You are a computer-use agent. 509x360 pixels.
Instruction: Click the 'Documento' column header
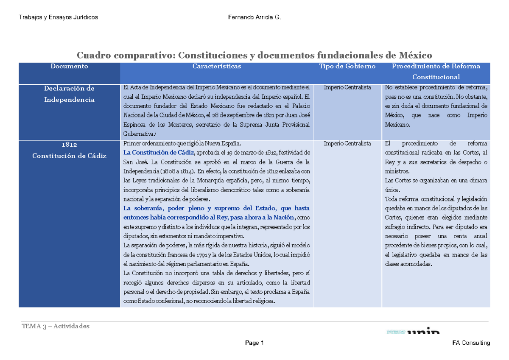69,66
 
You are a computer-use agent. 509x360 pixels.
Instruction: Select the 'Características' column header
216,66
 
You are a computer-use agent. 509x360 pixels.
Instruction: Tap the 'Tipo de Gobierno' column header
347,66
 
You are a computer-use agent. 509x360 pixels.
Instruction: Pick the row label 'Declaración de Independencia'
69,94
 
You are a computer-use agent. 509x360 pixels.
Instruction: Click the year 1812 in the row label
69,145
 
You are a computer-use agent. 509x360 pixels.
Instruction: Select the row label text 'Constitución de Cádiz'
69,156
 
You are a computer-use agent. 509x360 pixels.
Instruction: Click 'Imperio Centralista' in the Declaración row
347,87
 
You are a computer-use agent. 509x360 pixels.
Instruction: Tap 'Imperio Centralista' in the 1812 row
347,143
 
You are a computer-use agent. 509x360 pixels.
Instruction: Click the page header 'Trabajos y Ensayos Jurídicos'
59,17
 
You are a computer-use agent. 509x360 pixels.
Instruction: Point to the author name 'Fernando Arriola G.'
254,17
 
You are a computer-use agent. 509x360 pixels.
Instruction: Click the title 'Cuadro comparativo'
125,55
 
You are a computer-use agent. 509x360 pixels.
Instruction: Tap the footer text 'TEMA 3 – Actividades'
56,326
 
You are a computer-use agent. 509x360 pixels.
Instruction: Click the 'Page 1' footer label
255,343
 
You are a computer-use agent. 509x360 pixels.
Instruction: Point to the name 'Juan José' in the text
296,114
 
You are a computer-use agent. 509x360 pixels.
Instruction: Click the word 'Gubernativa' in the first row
137,134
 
